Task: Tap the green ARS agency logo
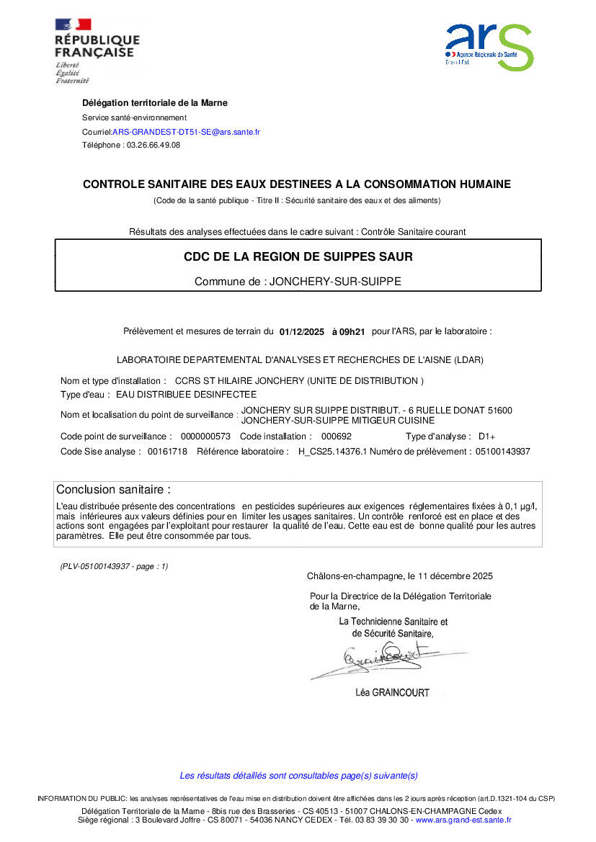pos(489,46)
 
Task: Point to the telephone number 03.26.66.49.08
pos(153,145)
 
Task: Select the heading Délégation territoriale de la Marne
pos(155,103)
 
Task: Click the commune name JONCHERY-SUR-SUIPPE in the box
pos(334,282)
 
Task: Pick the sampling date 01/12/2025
pos(301,332)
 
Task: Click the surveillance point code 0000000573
pos(205,436)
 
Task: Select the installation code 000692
pos(336,436)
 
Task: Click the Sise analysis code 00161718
pos(167,452)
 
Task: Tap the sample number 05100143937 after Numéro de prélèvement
pos(503,452)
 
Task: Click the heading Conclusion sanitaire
pos(114,490)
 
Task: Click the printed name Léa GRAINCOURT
pos(392,693)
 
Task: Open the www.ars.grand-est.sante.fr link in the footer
pos(463,820)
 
